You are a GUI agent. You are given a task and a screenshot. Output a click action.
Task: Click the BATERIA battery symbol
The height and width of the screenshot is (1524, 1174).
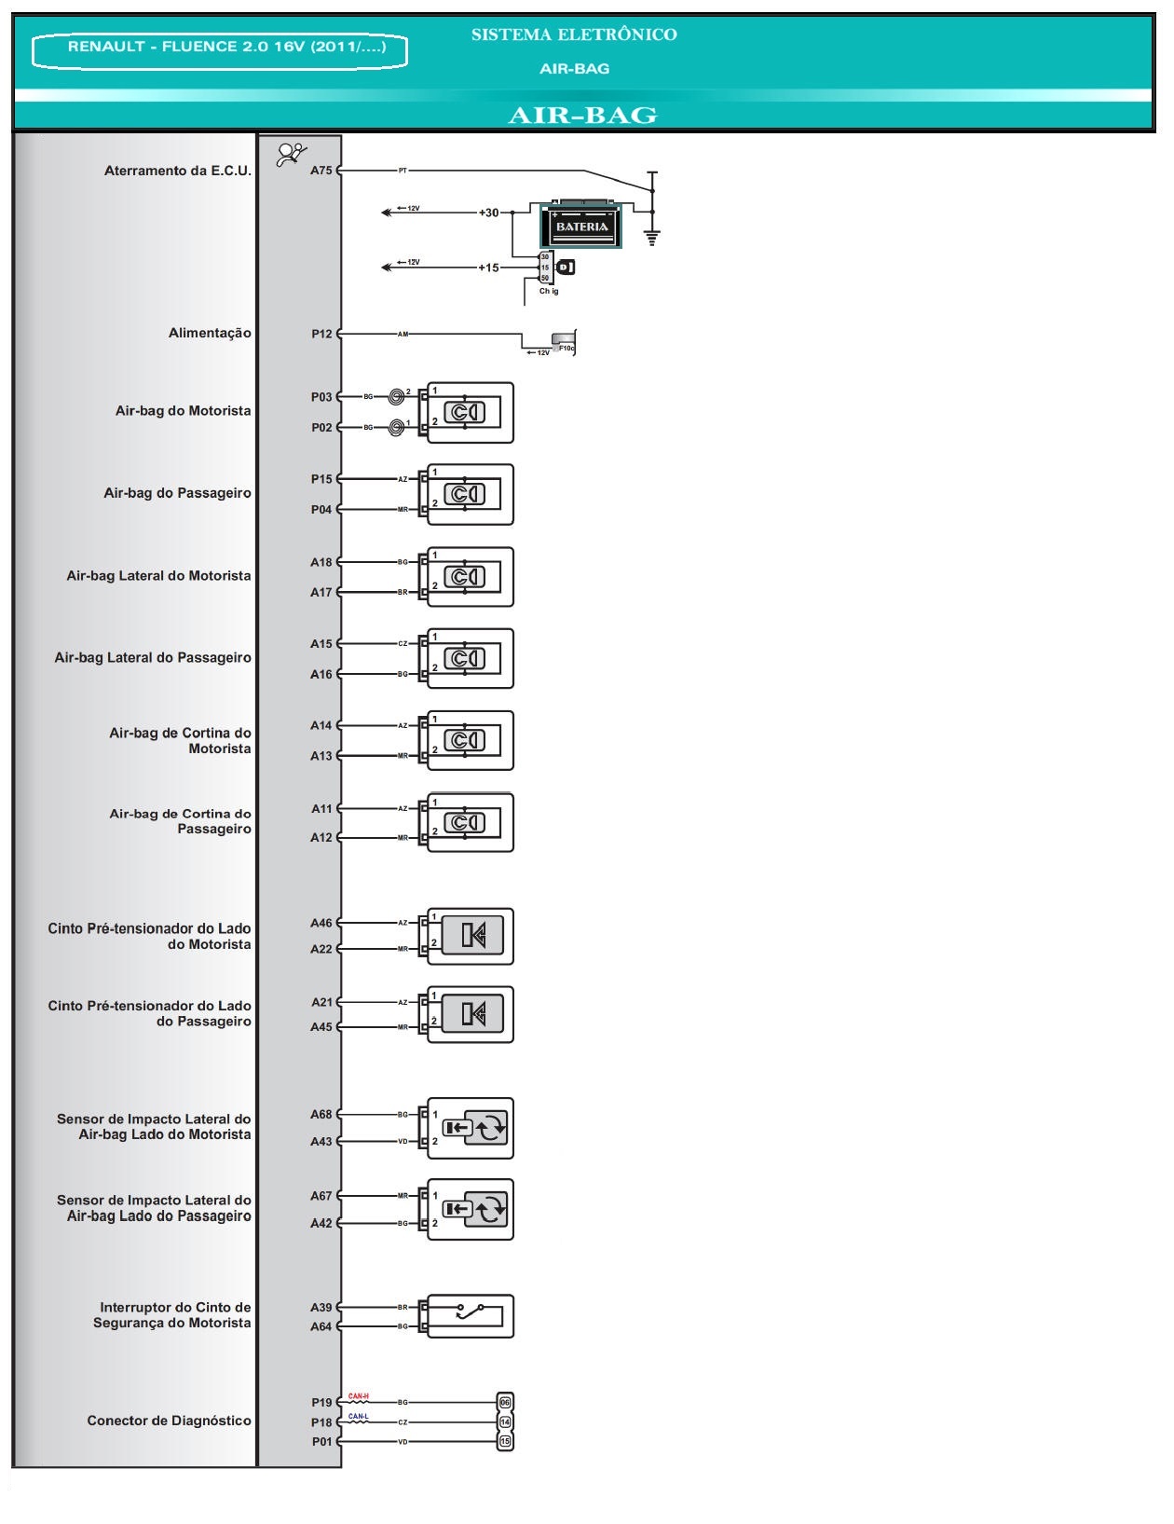coord(581,226)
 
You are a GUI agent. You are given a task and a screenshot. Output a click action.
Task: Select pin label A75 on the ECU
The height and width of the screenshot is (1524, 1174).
coord(321,171)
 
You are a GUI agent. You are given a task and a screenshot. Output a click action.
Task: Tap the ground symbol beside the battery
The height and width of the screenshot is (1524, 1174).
coord(652,237)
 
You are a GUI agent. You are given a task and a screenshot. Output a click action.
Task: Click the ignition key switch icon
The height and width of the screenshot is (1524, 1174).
coord(565,268)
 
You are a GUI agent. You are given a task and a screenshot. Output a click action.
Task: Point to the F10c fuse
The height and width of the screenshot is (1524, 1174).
coord(564,342)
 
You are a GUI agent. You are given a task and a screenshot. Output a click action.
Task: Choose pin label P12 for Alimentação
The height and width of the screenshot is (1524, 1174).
coord(321,334)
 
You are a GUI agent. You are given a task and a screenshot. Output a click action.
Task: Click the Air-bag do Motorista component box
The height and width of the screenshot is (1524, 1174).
coord(470,412)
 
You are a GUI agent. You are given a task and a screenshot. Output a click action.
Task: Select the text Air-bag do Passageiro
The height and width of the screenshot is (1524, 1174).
coord(177,493)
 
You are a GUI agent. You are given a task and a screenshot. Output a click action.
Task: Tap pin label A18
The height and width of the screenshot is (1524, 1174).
coord(321,562)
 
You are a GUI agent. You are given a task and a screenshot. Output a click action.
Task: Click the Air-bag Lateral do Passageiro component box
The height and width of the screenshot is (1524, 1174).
coord(470,659)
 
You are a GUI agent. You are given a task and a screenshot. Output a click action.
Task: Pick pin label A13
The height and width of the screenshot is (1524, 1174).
coord(321,756)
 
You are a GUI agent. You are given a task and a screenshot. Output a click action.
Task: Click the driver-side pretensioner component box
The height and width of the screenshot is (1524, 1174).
coord(470,936)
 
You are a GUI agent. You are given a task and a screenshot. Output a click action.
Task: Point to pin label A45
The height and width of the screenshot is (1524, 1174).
coord(321,1027)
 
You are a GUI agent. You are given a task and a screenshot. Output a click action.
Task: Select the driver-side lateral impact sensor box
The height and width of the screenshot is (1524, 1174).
coord(470,1128)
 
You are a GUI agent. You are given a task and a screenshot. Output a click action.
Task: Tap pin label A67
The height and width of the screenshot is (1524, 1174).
coord(321,1196)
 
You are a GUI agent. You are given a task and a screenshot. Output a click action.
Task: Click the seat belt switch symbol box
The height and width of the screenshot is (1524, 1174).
coord(470,1316)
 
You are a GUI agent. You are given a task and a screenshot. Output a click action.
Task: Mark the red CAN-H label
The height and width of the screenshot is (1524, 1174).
coord(359,1396)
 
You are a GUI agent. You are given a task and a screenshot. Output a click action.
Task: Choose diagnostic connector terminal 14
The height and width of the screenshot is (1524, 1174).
coord(505,1422)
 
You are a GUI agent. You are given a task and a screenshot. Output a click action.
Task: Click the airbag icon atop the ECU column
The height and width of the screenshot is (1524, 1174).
coord(292,154)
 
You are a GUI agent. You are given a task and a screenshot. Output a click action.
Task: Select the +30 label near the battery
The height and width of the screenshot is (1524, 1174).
coord(488,213)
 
